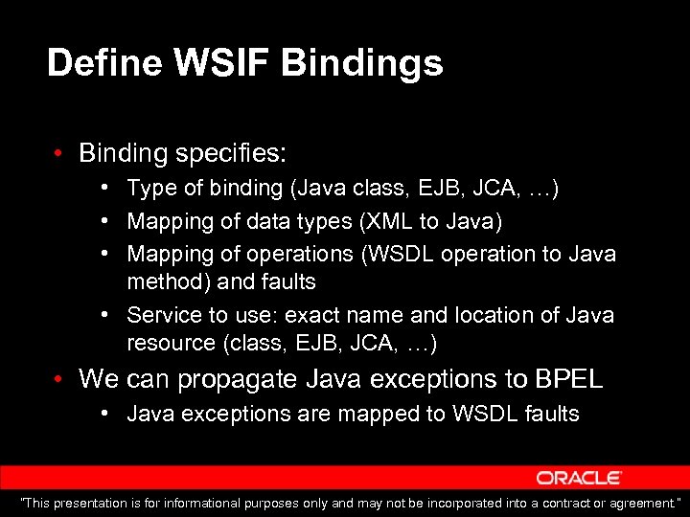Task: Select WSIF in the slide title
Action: (x=225, y=64)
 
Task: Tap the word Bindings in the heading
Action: (x=362, y=64)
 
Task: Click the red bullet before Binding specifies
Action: (x=59, y=153)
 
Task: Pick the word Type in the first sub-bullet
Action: (x=147, y=190)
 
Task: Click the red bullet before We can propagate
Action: (x=59, y=379)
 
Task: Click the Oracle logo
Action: (x=579, y=477)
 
